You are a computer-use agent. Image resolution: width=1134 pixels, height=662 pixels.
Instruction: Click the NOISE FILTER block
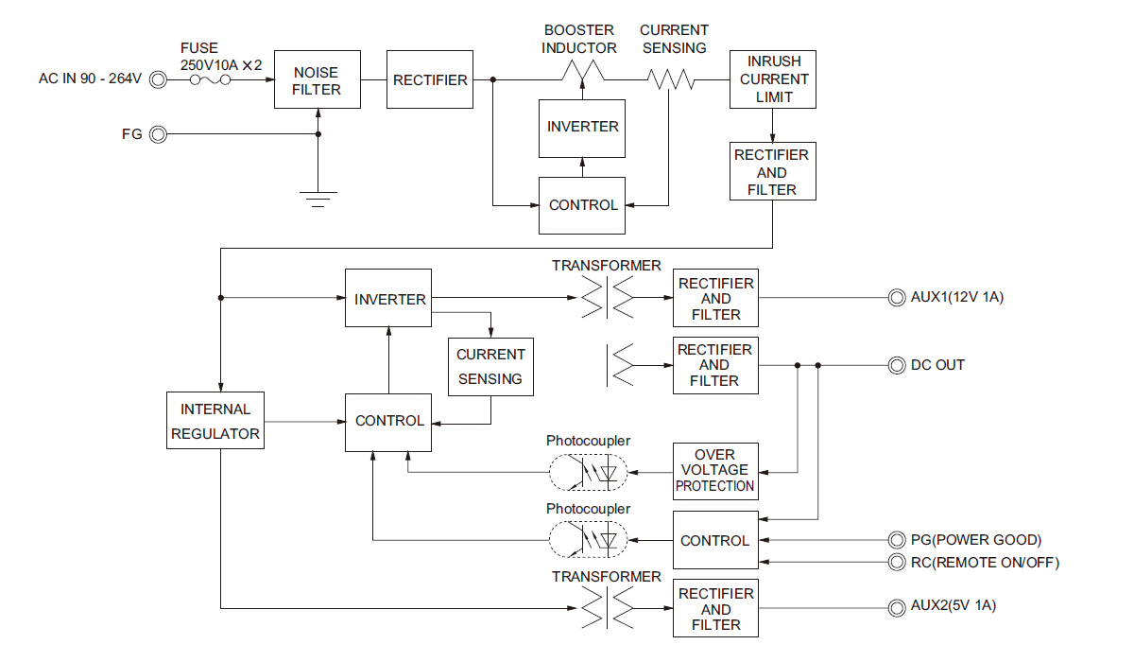[317, 79]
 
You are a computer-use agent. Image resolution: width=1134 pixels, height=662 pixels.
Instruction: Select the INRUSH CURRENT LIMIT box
[773, 79]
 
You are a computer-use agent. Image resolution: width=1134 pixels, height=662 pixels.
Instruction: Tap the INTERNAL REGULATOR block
[215, 421]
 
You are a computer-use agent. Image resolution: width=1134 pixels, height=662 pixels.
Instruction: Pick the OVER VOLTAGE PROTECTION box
[715, 470]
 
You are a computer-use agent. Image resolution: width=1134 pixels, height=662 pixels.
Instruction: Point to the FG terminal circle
[158, 134]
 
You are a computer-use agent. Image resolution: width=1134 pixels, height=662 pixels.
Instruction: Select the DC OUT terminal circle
[895, 365]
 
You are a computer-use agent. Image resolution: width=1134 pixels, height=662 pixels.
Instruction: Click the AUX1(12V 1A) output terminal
[895, 298]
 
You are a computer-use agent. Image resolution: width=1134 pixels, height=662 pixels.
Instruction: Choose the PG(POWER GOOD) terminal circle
[895, 540]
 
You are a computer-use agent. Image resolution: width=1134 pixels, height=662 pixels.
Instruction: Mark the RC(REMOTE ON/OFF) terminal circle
[895, 563]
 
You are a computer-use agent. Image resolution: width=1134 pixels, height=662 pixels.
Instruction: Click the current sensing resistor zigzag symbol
[670, 80]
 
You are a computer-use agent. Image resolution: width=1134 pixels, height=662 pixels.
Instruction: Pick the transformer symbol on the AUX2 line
[607, 608]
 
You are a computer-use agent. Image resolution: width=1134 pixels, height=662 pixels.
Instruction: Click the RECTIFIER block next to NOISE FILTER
[430, 79]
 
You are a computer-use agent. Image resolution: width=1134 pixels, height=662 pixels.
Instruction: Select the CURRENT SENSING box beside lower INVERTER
[490, 367]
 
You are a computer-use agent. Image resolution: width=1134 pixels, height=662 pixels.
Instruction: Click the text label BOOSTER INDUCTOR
[579, 39]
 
